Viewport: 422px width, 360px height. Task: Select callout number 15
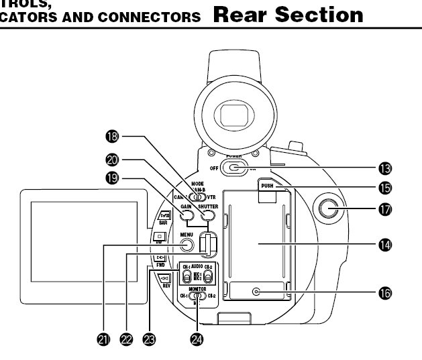pyautogui.click(x=385, y=188)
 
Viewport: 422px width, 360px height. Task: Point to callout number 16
pyautogui.click(x=385, y=292)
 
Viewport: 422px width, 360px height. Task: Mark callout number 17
pyautogui.click(x=385, y=210)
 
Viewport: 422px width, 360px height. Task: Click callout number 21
pyautogui.click(x=103, y=340)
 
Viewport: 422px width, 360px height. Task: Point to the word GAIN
pyautogui.click(x=187, y=206)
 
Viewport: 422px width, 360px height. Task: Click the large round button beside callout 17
pyautogui.click(x=327, y=210)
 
